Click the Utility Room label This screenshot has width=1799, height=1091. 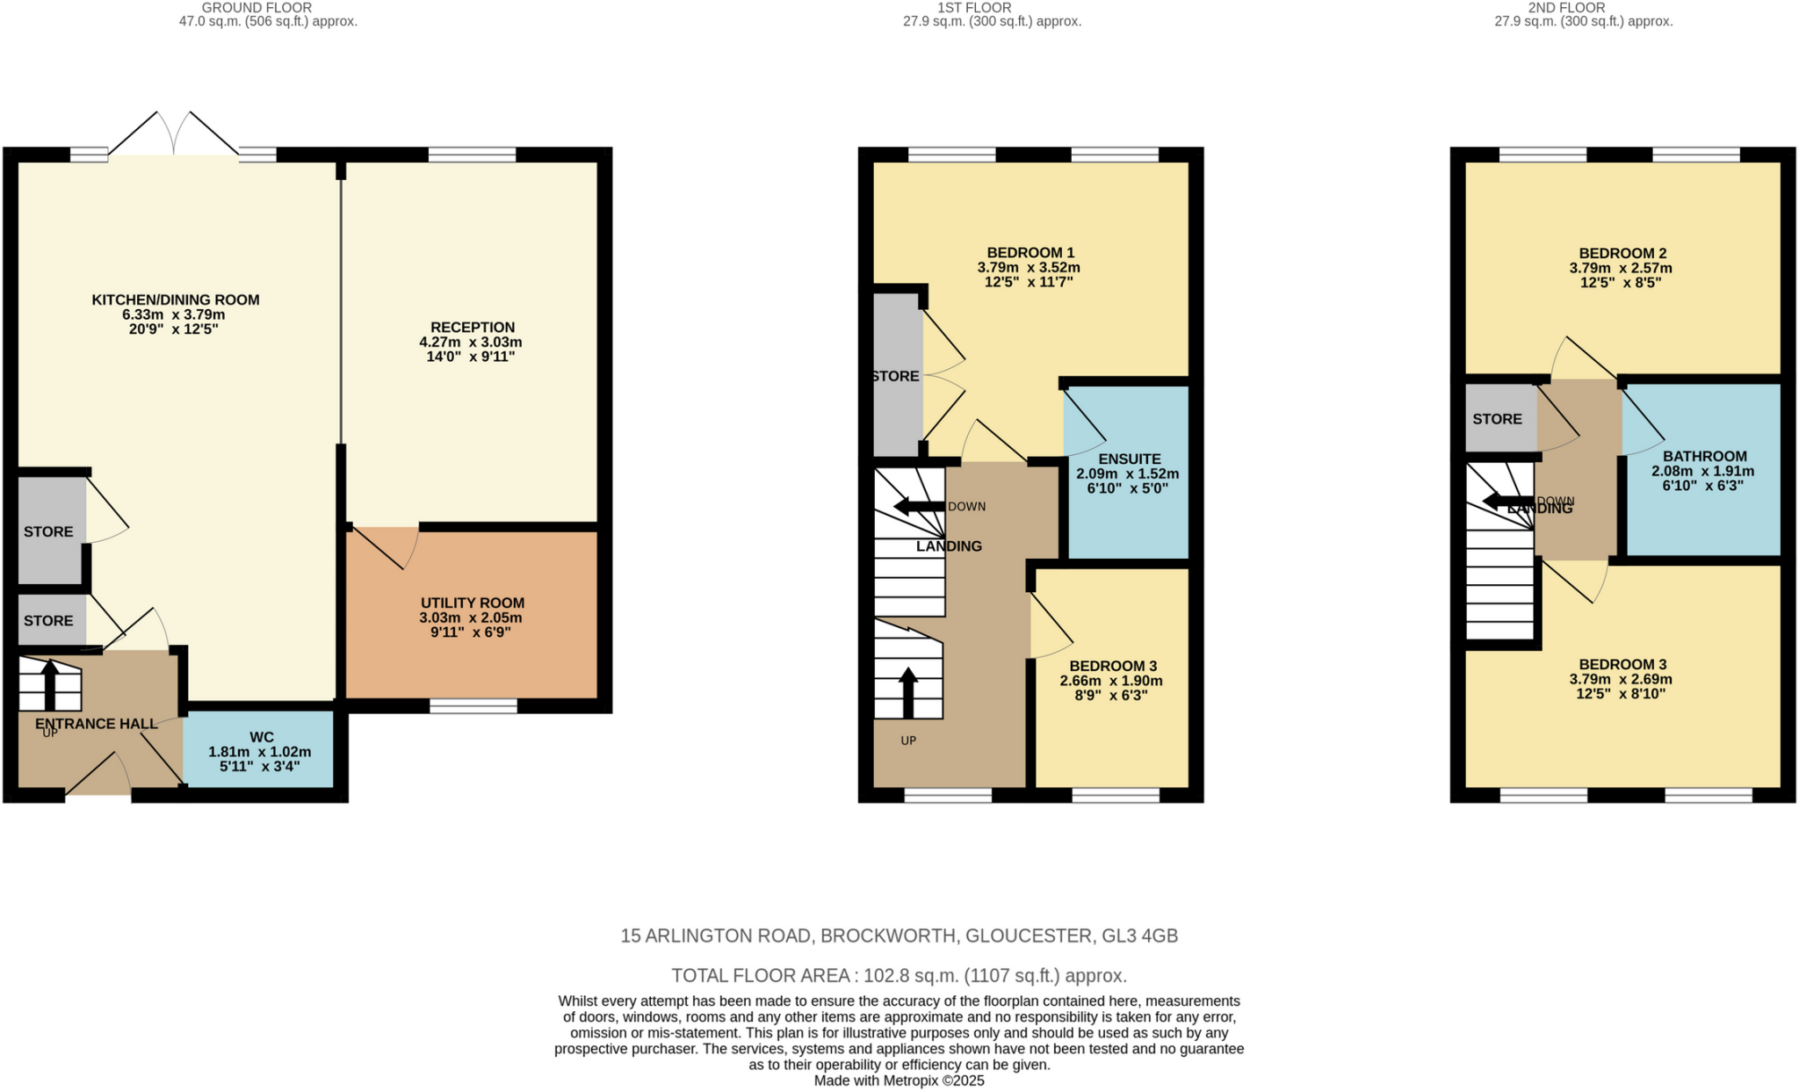tap(472, 603)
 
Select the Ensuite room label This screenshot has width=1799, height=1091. tap(1129, 459)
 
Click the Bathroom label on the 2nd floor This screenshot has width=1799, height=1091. tap(1704, 456)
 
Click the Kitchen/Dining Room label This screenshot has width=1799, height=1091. tap(175, 300)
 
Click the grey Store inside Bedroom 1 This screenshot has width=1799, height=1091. tap(897, 376)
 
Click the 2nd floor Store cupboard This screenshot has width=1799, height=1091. tap(1498, 419)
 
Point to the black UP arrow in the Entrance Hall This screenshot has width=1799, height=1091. tap(49, 683)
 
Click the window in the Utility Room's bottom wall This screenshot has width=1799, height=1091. tap(473, 705)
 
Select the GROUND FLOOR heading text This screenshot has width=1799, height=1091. tap(256, 8)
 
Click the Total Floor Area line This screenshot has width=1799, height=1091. tap(899, 976)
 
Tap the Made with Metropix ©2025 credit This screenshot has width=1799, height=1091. tap(899, 1080)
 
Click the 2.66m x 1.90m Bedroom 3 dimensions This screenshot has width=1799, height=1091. tap(1110, 681)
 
